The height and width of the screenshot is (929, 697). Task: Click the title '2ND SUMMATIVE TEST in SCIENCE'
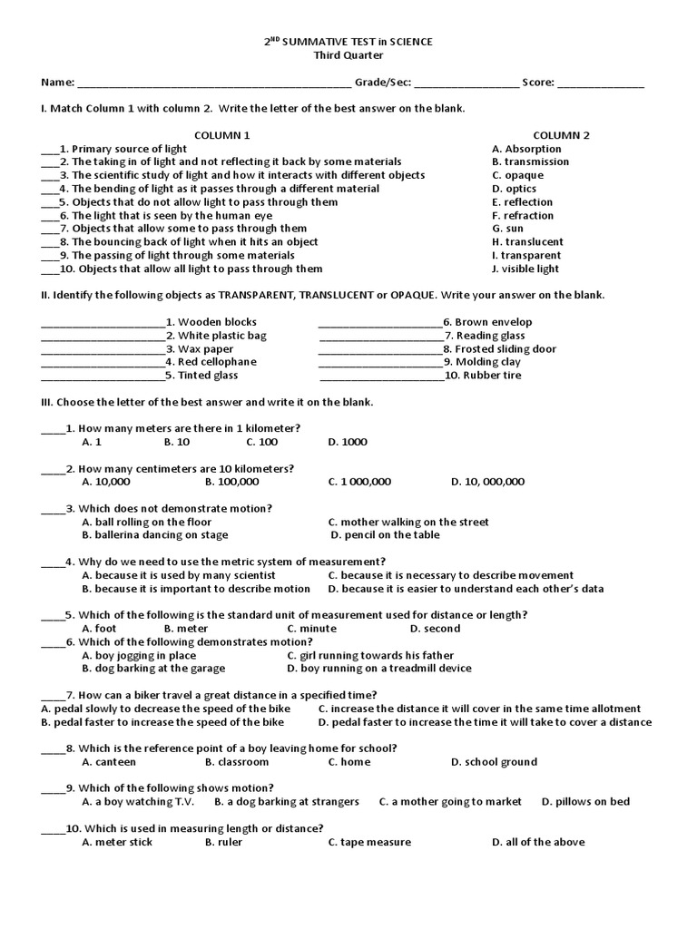pos(348,42)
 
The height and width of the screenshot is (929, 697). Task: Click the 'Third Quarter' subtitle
pos(348,54)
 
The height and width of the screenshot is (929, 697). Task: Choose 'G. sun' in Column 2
pos(510,229)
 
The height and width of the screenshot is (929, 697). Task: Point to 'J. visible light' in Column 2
pos(525,269)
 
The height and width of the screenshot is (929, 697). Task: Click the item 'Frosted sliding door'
pos(506,348)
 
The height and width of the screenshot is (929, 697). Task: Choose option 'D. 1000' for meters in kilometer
pos(348,442)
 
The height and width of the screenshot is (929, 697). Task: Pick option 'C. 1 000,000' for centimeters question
pos(359,482)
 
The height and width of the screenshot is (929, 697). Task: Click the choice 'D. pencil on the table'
pos(385,534)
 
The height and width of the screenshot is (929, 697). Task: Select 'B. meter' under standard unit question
pos(186,628)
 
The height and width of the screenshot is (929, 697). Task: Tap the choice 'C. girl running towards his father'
pos(370,655)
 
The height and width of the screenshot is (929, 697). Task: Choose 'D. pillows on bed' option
pos(585,801)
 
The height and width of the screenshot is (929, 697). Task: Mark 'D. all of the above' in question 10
pos(538,842)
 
